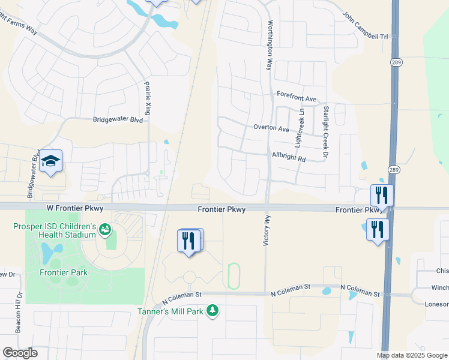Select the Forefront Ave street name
[x=296, y=98]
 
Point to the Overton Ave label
[x=271, y=128]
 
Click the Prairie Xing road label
[x=148, y=99]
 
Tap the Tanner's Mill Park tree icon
[x=211, y=310]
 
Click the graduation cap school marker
[x=51, y=161]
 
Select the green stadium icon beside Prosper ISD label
[x=105, y=229]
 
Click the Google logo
[x=20, y=353]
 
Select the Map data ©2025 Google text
[x=412, y=355]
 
